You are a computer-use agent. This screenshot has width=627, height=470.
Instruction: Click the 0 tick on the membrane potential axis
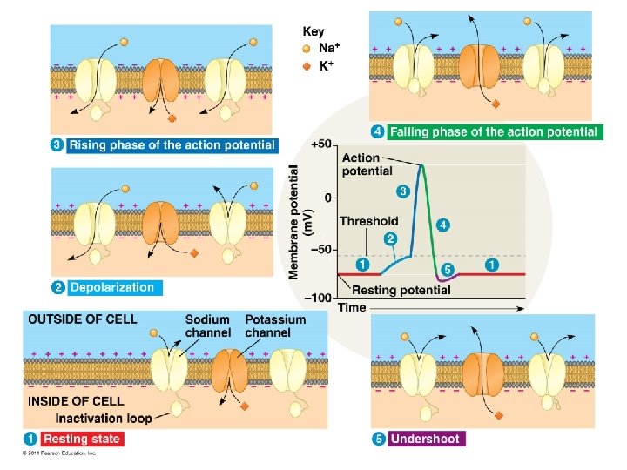tap(328, 198)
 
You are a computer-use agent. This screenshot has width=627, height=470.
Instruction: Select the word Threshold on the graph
tap(368, 221)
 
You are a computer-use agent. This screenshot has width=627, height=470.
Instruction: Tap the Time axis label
tap(352, 307)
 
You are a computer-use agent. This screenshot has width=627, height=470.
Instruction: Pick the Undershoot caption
tap(425, 439)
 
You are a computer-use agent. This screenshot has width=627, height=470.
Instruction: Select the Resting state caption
tap(82, 439)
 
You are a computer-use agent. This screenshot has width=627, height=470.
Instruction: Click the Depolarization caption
tap(111, 287)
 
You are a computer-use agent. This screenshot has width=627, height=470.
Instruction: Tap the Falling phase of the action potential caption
tap(494, 131)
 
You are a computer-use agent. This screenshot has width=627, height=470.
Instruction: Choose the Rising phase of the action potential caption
tap(172, 144)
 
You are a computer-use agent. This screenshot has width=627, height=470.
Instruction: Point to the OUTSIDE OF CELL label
tap(83, 319)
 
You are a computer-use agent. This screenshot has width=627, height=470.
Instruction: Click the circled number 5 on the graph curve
tap(447, 271)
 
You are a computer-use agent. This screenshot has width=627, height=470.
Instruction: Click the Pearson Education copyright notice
tap(59, 453)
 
